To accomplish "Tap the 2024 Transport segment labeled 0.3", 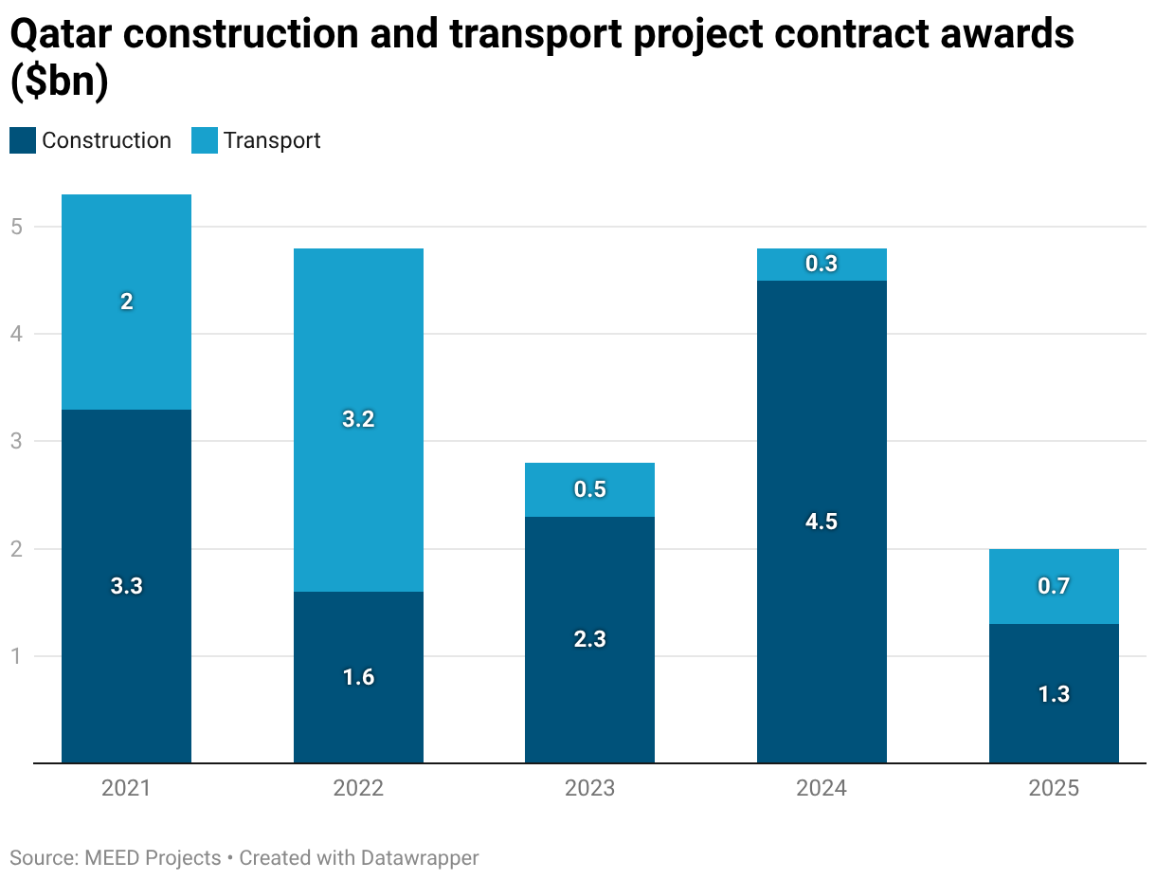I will pyautogui.click(x=822, y=265).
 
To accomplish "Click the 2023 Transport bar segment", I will pyautogui.click(x=589, y=489).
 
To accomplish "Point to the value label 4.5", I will pyautogui.click(x=822, y=522).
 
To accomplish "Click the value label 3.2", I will pyautogui.click(x=358, y=419).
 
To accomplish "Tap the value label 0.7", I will pyautogui.click(x=1054, y=586).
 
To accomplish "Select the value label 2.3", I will pyautogui.click(x=589, y=639).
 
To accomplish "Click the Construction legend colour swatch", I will pyautogui.click(x=23, y=140).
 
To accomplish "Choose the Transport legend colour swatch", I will pyautogui.click(x=205, y=140).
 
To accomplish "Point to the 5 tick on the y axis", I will pyautogui.click(x=16, y=227).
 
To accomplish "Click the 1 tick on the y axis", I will pyautogui.click(x=16, y=656).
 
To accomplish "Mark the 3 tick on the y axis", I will pyautogui.click(x=16, y=441).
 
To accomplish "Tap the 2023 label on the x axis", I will pyautogui.click(x=589, y=788).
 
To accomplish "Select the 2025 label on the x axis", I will pyautogui.click(x=1054, y=788).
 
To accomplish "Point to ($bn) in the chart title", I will pyautogui.click(x=59, y=82).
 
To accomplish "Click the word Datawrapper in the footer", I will pyautogui.click(x=420, y=858).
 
